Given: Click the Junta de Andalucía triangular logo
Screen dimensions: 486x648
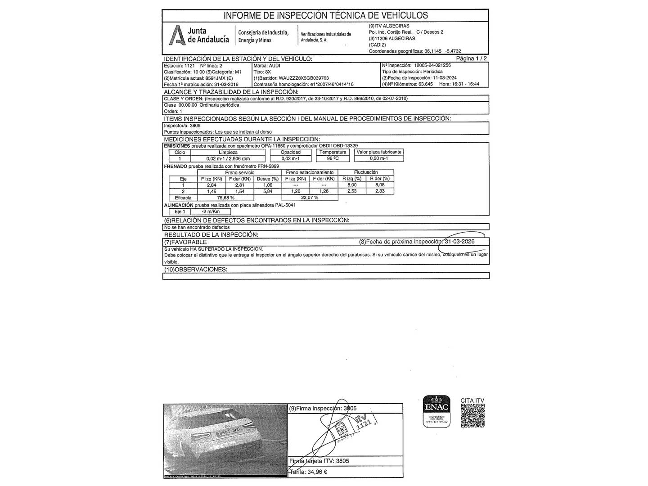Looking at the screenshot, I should tap(177, 36).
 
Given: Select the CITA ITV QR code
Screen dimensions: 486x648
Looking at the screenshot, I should tap(472, 415).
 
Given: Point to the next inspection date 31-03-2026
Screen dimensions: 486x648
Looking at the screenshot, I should tap(459, 242).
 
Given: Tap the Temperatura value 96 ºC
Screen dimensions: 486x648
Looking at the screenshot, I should tap(333, 158).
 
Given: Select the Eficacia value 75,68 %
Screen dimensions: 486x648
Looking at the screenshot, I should tap(226, 198).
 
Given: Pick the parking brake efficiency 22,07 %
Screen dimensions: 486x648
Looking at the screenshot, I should tap(309, 198).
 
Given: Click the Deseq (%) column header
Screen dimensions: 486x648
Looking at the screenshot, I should tap(268, 179).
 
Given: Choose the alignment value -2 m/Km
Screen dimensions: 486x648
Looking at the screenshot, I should tap(211, 211).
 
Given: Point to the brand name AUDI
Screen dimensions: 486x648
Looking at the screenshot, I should tap(274, 65).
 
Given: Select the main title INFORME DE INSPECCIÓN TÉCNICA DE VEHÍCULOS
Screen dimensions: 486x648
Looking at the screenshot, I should tap(325, 16).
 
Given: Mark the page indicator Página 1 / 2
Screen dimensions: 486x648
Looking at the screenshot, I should tap(471, 58).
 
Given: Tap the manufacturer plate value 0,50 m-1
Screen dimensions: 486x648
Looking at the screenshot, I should tap(379, 158).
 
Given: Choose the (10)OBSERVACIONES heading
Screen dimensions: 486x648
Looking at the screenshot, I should tap(196, 270).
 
